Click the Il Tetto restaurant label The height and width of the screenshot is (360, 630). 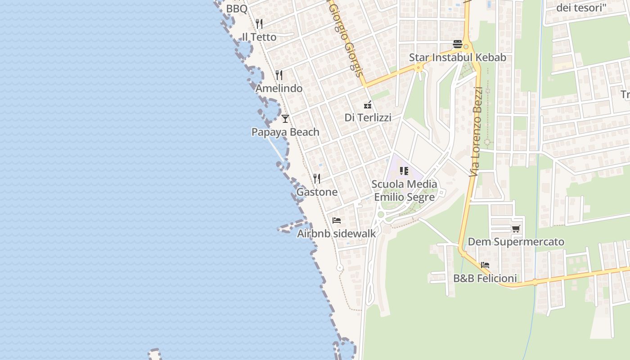pos(259,37)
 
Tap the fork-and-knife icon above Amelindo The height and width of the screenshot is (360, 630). pos(279,75)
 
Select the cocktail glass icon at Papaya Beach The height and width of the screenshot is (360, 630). pos(285,119)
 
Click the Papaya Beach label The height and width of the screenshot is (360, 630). pos(285,132)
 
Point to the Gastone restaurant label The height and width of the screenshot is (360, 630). pos(317,192)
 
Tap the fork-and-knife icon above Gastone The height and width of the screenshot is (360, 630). pos(317,179)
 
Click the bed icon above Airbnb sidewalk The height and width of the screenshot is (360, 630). pos(337,220)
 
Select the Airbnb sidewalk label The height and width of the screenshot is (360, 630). pos(337,234)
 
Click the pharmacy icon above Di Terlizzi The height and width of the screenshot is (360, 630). pos(368,105)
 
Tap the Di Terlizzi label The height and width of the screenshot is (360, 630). pos(368,118)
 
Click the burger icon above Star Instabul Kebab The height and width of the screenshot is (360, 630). pos(458,44)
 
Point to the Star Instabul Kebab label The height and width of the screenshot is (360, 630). pos(458,58)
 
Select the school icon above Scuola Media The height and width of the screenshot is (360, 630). pos(404,171)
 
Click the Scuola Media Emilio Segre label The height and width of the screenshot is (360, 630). pos(405,190)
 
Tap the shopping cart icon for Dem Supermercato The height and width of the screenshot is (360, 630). pos(516,229)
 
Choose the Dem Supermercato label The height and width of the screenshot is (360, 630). pos(516,242)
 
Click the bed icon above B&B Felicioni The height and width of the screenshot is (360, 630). pos(485,265)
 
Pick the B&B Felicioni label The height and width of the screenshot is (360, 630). pos(485,279)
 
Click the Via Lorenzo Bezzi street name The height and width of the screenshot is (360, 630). pos(477,131)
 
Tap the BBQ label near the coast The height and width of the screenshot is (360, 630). pos(237,9)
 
